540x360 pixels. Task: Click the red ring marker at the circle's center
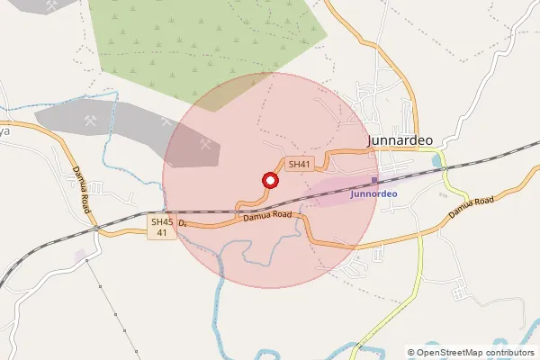click(x=269, y=180)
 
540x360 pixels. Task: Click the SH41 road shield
click(x=299, y=164)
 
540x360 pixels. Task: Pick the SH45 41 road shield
click(x=161, y=227)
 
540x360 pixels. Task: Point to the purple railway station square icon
click(x=374, y=179)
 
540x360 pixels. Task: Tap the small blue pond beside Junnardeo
click(x=437, y=161)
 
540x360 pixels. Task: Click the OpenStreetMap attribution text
click(x=470, y=353)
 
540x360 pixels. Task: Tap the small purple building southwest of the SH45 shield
click(x=80, y=255)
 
